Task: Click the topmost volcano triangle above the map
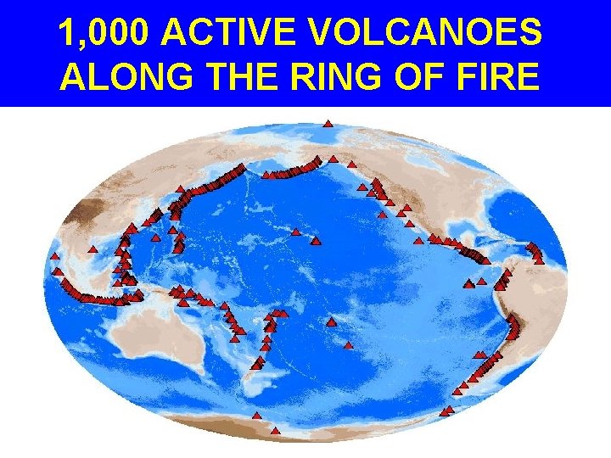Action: pyautogui.click(x=328, y=124)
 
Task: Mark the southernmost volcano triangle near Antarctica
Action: pyautogui.click(x=274, y=431)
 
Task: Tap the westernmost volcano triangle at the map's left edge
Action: pyautogui.click(x=54, y=255)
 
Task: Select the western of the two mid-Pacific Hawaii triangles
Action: pyautogui.click(x=295, y=232)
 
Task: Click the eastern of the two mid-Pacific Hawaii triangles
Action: pyautogui.click(x=316, y=241)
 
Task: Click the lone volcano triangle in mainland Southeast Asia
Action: pyautogui.click(x=91, y=251)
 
